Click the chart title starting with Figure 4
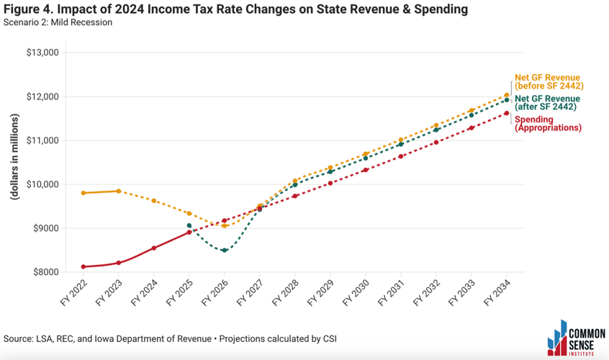tap(234, 9)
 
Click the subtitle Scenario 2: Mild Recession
tap(58, 22)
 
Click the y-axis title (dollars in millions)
tap(14, 162)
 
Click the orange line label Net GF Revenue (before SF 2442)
tap(548, 82)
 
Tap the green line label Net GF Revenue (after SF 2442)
tap(546, 103)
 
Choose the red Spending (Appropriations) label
tap(548, 124)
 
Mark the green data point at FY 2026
tap(225, 251)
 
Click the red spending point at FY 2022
tap(84, 266)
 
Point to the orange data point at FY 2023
tap(119, 191)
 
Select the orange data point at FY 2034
tap(507, 95)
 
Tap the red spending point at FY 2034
tap(507, 113)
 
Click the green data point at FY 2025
tap(189, 226)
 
